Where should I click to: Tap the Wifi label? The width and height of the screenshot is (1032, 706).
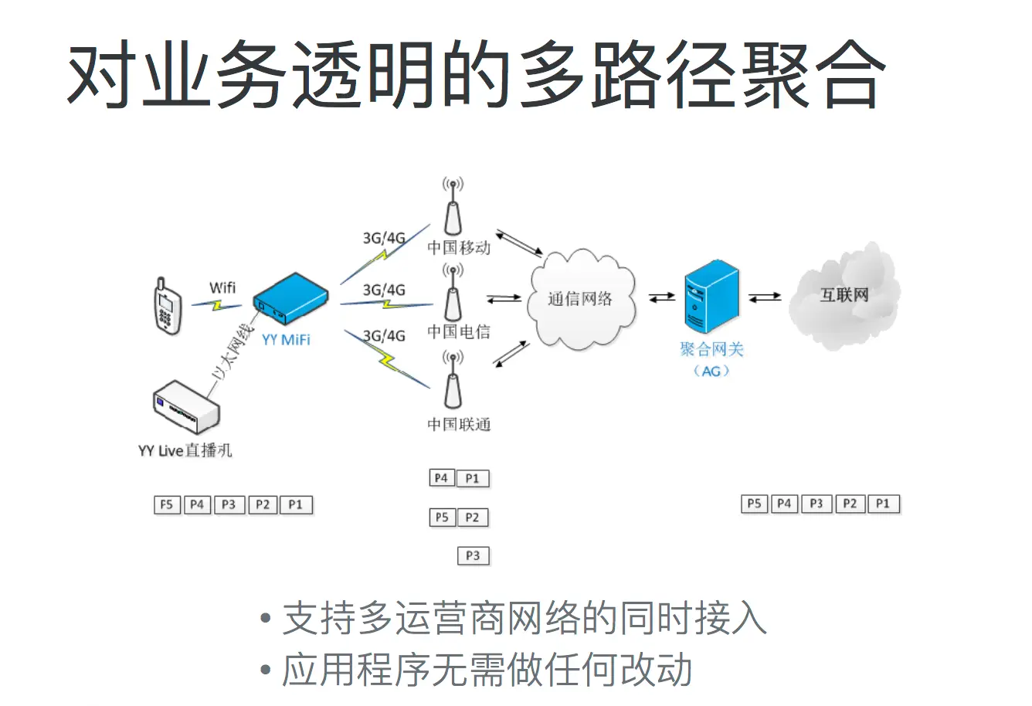(x=222, y=287)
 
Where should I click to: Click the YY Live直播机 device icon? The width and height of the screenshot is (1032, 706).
(x=186, y=408)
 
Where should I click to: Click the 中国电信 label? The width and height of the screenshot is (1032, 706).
(x=459, y=332)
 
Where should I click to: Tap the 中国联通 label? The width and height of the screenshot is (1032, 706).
(x=459, y=424)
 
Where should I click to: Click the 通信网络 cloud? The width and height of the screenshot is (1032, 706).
(x=581, y=298)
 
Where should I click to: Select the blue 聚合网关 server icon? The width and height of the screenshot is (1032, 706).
(x=711, y=297)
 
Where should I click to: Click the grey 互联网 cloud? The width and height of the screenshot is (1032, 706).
(x=844, y=295)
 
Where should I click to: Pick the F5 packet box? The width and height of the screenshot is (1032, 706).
(x=167, y=505)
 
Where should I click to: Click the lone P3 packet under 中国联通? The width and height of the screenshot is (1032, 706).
(x=473, y=555)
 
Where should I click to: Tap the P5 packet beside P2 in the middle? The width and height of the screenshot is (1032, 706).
(x=442, y=518)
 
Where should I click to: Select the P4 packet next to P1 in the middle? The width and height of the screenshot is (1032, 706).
(x=441, y=478)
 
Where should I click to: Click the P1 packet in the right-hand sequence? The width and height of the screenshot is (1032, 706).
(x=883, y=504)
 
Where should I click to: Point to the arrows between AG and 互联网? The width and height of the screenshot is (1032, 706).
(x=765, y=297)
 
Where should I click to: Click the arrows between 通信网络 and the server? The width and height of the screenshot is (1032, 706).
(x=662, y=297)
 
